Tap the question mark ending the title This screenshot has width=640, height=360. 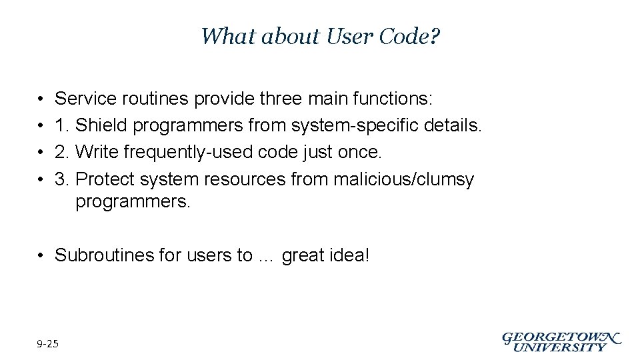pyautogui.click(x=435, y=36)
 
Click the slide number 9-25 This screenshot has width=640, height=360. pyautogui.click(x=48, y=344)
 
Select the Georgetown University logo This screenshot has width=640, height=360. pyautogui.click(x=561, y=341)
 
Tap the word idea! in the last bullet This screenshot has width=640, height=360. pyautogui.click(x=348, y=255)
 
